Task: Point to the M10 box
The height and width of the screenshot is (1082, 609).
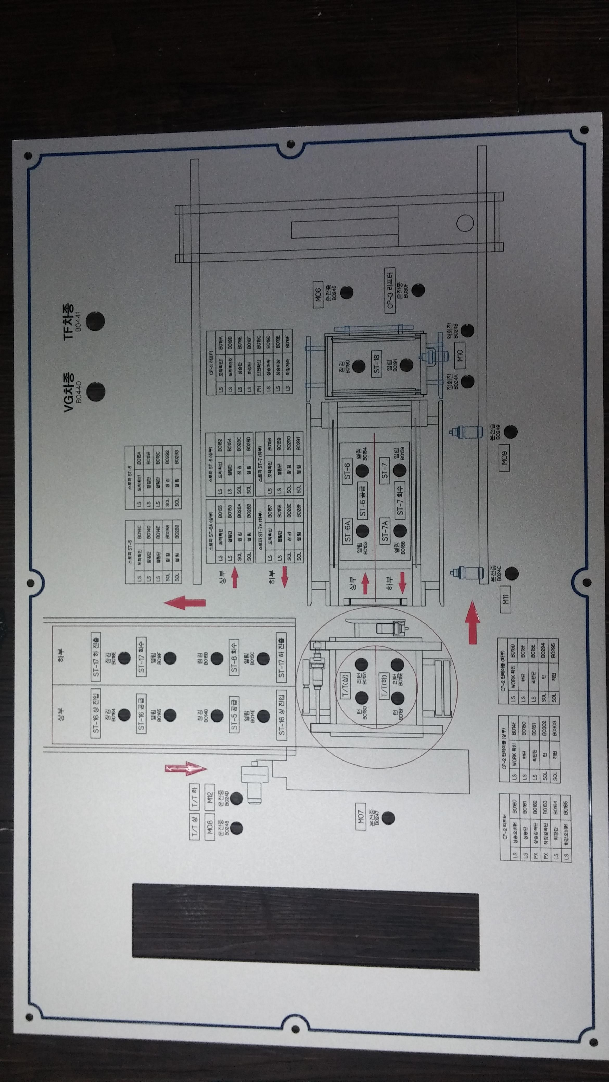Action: pos(460,356)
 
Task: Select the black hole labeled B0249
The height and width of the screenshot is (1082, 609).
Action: pos(510,431)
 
